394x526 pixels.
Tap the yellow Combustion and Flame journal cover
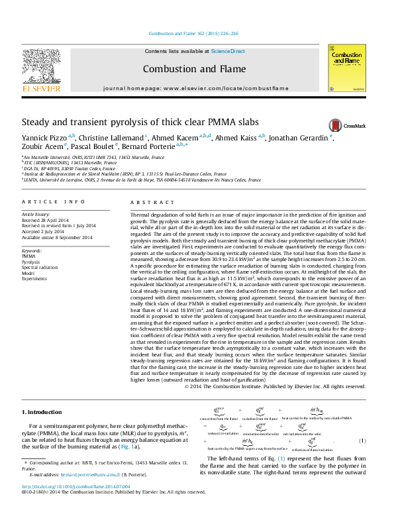(x=346, y=68)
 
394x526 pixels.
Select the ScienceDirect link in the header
(x=228, y=51)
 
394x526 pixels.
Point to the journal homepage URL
(x=224, y=88)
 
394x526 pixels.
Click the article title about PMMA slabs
(x=131, y=123)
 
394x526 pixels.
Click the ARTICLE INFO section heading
(x=53, y=201)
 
